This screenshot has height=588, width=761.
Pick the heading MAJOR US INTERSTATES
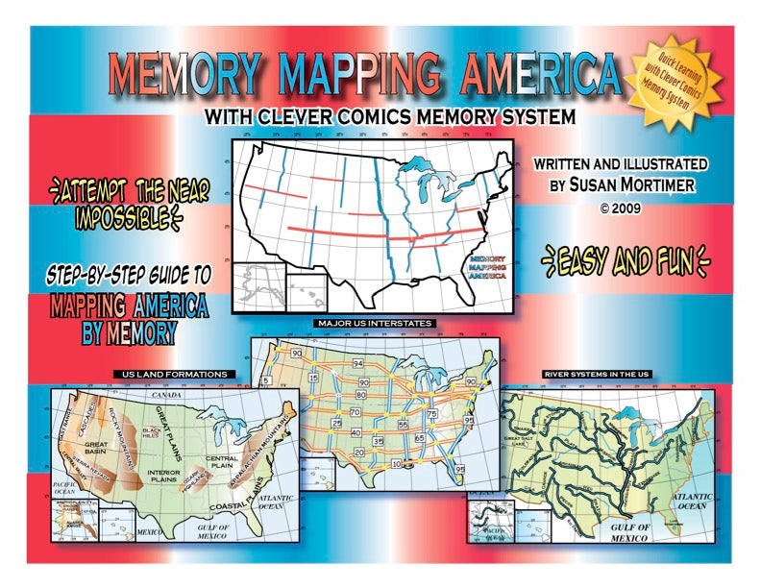(375, 323)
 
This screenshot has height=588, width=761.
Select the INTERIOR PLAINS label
(171, 475)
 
